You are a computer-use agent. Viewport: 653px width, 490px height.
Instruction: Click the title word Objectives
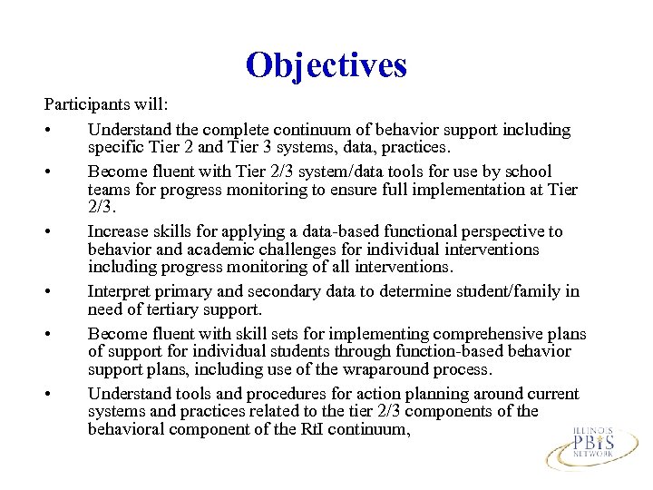(x=326, y=65)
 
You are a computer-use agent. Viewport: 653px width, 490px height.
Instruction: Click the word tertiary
(x=161, y=309)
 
